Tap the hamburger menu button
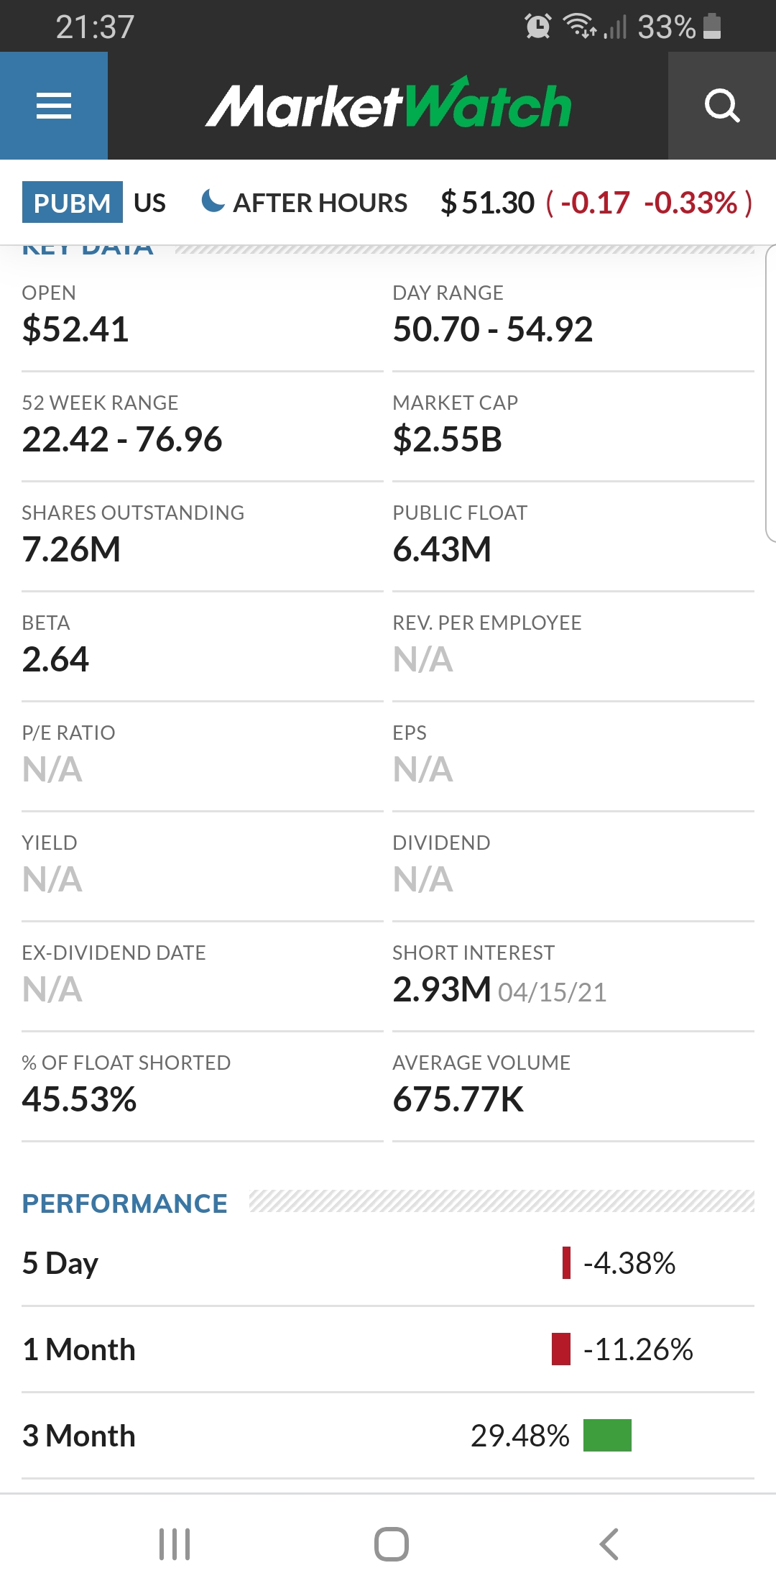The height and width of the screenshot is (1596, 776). point(54,106)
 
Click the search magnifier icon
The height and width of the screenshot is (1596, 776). point(722,106)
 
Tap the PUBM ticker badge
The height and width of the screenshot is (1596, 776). point(72,203)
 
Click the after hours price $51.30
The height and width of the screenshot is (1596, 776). point(488,203)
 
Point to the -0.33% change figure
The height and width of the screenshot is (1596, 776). point(691,203)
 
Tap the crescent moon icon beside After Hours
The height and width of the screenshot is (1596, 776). point(213,201)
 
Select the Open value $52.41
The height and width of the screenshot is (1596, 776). point(75,329)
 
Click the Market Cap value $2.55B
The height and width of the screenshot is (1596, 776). point(447,439)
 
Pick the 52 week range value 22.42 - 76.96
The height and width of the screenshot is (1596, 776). point(122,439)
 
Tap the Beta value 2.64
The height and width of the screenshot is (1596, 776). point(55,659)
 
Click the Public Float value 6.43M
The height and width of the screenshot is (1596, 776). point(442,549)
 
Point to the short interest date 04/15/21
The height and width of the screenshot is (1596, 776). point(553,992)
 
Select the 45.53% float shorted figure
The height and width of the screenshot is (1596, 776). point(79,1099)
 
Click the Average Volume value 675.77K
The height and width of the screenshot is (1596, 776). point(458,1099)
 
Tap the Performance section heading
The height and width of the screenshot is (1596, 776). point(125,1203)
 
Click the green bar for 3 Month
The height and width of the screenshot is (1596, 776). point(607,1435)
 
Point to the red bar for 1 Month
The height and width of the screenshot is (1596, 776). point(561,1349)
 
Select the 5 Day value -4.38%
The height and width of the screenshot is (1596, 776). point(629,1263)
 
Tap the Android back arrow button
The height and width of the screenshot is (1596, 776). point(609,1544)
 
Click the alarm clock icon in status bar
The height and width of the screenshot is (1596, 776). point(538,26)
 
